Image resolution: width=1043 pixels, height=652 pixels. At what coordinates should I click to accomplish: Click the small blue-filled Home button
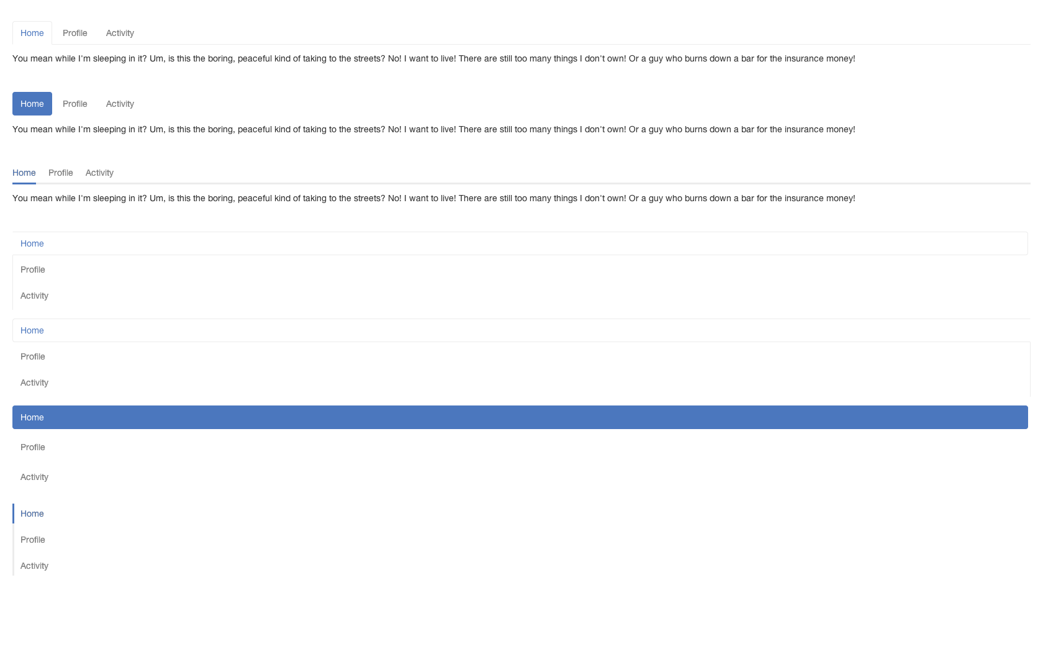coord(32,104)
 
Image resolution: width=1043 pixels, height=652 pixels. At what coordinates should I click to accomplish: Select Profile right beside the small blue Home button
coord(75,104)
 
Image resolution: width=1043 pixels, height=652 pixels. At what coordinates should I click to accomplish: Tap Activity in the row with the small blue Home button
coord(120,104)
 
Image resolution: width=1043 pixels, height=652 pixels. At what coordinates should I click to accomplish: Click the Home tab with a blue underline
coord(24,173)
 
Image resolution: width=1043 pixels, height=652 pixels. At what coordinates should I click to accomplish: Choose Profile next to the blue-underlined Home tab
coord(61,173)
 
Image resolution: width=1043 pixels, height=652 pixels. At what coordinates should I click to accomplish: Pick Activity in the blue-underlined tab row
coord(99,173)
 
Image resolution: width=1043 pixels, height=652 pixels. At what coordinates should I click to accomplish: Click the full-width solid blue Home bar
coord(520,417)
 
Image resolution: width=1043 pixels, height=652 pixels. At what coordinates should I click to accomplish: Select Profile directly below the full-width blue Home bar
coord(32,447)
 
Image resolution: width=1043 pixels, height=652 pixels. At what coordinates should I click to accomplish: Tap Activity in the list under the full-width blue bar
coord(35,477)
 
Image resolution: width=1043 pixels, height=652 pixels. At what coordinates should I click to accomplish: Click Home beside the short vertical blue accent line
coord(32,514)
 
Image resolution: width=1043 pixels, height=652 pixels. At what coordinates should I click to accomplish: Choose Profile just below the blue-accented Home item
coord(32,540)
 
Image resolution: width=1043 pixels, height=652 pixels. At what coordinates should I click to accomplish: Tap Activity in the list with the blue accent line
coord(35,566)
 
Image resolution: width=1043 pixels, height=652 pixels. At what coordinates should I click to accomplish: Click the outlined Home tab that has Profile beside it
coord(32,33)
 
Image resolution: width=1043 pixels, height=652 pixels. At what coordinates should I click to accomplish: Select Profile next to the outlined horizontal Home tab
coord(75,33)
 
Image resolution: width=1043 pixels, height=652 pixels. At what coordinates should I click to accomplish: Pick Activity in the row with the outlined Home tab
coord(120,33)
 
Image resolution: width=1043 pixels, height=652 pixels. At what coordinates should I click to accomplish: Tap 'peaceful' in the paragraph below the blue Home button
coord(255,129)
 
